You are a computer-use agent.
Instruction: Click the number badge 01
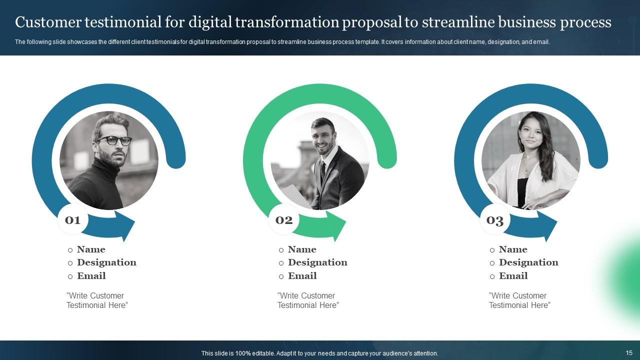coord(73,220)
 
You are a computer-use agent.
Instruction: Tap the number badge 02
coord(284,220)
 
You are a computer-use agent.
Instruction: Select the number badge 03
coord(495,220)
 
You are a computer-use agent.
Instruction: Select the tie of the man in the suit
coord(323,170)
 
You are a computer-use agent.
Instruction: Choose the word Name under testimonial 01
coord(91,249)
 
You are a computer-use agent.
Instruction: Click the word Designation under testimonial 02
coord(317,262)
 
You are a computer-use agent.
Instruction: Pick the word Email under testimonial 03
coord(513,276)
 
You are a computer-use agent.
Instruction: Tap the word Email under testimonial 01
coord(91,276)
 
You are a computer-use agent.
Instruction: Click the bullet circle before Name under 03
coord(492,250)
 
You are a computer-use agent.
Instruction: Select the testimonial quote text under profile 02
coord(308,300)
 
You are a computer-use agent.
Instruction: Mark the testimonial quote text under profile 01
coord(97,300)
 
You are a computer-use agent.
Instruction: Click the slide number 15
coord(629,353)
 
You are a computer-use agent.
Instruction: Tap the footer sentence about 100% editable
coord(319,353)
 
